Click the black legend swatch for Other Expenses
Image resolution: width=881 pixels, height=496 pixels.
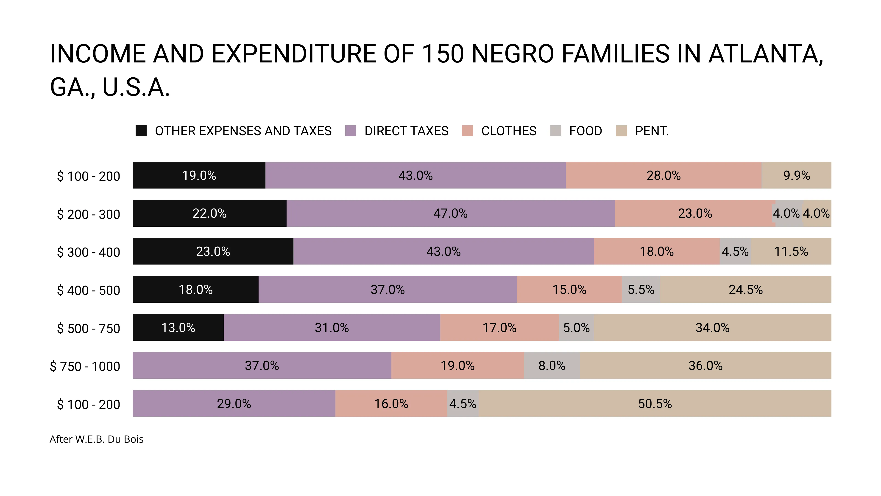(141, 131)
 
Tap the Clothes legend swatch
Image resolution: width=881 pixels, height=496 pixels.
(467, 131)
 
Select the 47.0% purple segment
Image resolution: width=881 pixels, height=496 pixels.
(450, 213)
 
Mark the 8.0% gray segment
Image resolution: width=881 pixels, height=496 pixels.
(551, 366)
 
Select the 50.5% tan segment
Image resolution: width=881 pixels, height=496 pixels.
(655, 404)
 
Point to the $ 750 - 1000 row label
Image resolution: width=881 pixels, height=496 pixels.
(85, 366)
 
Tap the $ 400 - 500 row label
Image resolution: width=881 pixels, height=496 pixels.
(88, 290)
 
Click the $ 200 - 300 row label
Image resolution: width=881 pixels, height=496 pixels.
(88, 214)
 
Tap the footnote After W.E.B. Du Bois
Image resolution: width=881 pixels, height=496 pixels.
(96, 439)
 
